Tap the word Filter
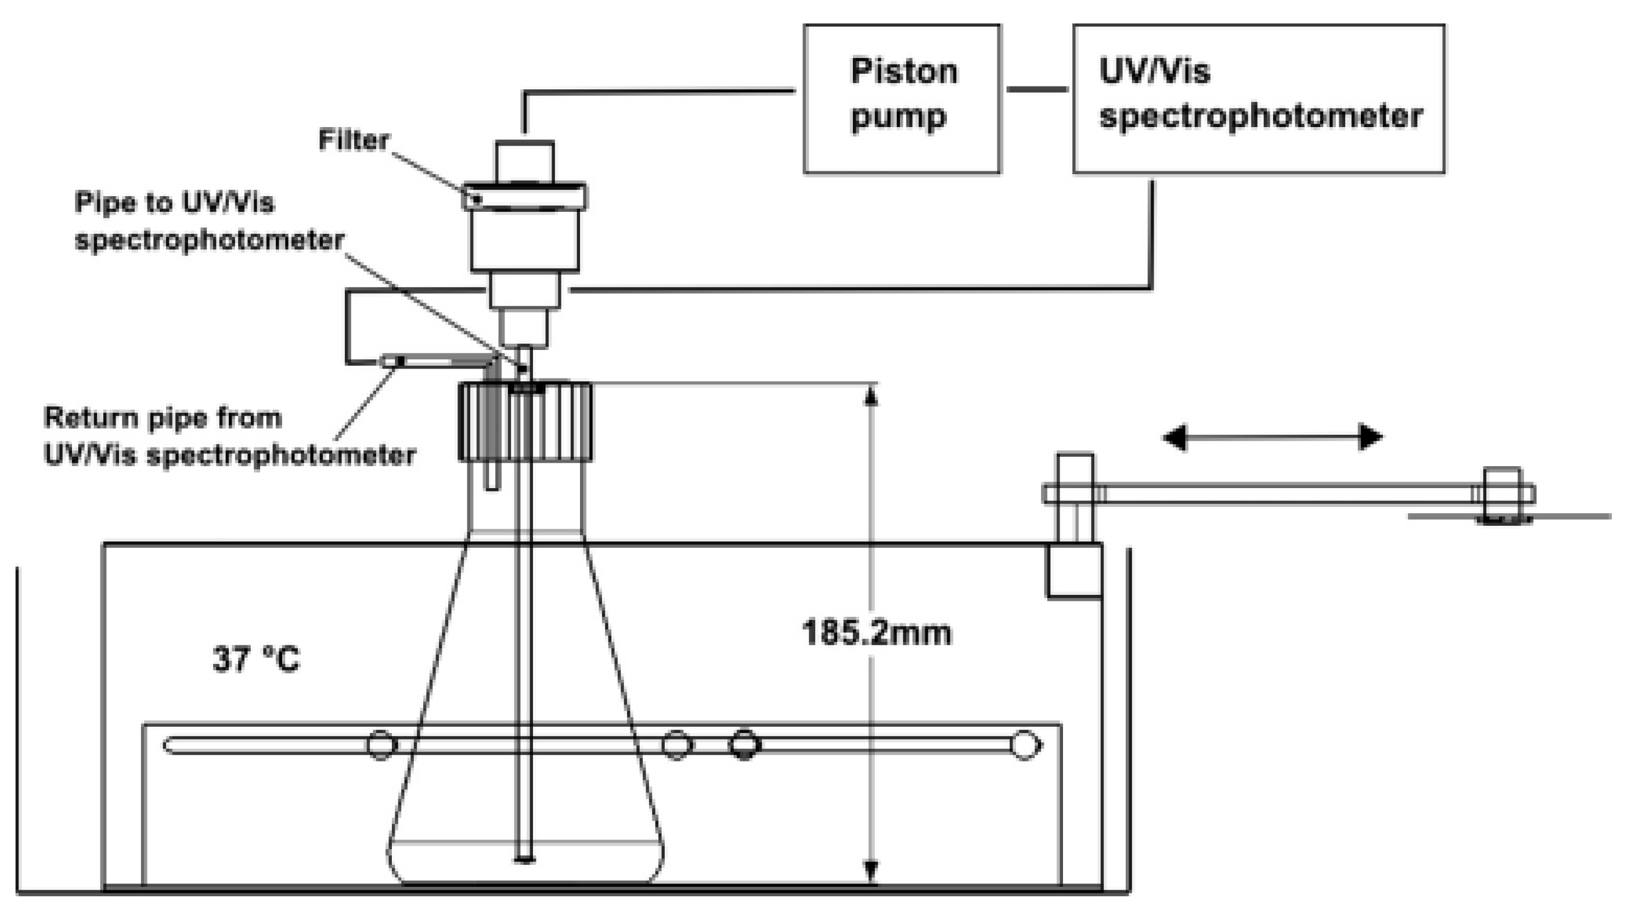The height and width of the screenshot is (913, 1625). [353, 140]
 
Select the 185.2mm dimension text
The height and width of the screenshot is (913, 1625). [877, 633]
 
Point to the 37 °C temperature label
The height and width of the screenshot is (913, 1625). [256, 659]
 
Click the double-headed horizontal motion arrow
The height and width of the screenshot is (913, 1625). [1273, 437]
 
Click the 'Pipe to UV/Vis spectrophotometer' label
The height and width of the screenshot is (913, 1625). [209, 221]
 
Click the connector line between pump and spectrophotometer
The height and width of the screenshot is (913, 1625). [1036, 89]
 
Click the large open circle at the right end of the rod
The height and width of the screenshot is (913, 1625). [1025, 745]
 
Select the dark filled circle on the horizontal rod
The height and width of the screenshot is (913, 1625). [744, 745]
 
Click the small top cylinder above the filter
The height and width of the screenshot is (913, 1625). [524, 161]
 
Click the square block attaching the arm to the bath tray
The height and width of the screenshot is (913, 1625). [1074, 571]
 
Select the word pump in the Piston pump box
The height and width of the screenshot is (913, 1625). [898, 117]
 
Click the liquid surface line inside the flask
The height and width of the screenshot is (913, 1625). [525, 841]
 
